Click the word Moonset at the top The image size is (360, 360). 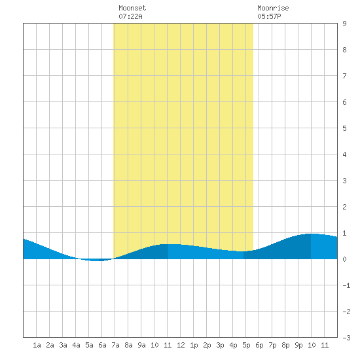click(x=132, y=8)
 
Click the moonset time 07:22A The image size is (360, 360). click(x=130, y=16)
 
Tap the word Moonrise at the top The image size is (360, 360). click(x=273, y=8)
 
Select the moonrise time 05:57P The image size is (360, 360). click(x=269, y=16)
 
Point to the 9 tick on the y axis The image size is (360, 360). click(x=344, y=24)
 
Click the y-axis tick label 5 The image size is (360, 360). click(x=344, y=128)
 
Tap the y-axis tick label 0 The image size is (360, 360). click(x=344, y=259)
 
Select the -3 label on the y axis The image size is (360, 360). click(x=346, y=338)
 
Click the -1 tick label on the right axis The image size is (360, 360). click(x=346, y=285)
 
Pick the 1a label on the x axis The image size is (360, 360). click(x=37, y=345)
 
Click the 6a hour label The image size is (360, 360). click(x=102, y=345)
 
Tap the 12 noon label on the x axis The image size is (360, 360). click(x=181, y=345)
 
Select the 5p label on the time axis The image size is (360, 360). click(x=246, y=345)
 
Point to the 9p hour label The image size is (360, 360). click(x=298, y=345)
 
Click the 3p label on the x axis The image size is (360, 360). click(x=220, y=345)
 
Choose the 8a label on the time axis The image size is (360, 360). click(x=128, y=345)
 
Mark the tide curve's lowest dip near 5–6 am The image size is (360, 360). click(x=96, y=261)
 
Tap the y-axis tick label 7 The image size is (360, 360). click(x=344, y=76)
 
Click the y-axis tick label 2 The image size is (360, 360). click(x=344, y=207)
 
